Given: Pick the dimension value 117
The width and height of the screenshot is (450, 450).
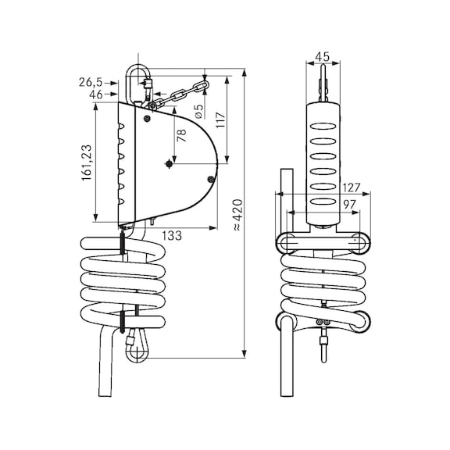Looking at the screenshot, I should [221, 120].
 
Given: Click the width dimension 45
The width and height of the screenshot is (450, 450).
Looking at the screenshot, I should [322, 55].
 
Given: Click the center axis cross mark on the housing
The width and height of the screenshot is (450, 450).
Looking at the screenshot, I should [169, 163].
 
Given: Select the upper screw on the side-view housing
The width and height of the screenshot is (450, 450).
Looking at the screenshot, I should [147, 117].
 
